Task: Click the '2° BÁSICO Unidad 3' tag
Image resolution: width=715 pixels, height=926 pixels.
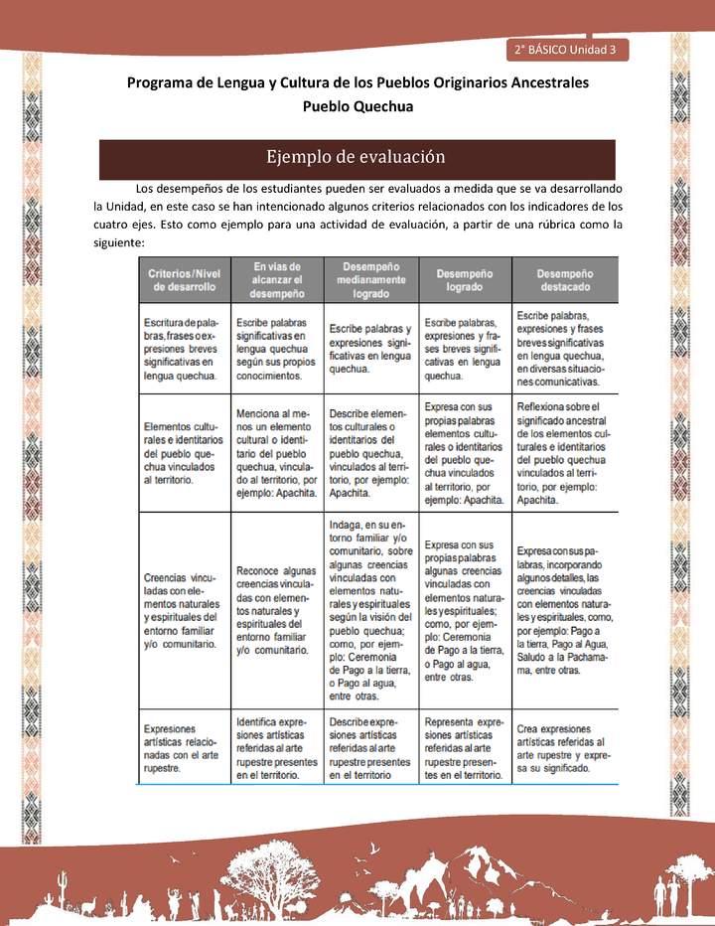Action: (565, 49)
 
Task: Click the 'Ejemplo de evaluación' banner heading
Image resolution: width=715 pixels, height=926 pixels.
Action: (356, 157)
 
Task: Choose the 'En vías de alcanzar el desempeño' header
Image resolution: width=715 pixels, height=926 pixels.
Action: (278, 280)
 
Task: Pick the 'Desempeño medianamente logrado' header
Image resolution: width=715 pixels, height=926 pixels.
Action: (370, 280)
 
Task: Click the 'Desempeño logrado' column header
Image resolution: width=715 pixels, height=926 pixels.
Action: (465, 279)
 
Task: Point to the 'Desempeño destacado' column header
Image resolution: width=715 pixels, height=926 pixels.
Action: (565, 279)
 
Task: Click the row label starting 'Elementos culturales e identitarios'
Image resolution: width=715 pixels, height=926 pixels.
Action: (183, 452)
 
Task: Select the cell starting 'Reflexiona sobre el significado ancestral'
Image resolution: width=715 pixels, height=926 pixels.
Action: (565, 453)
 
